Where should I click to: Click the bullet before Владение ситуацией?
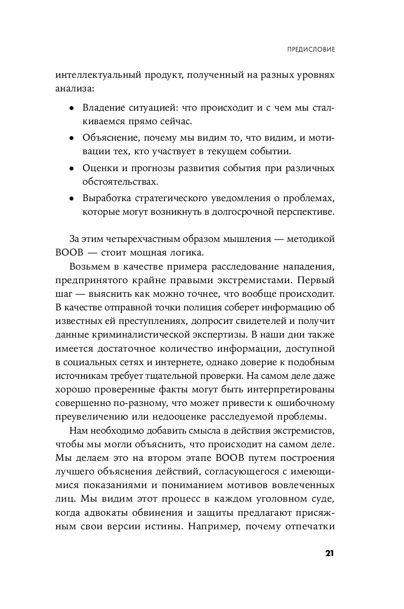71,108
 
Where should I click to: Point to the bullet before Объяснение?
71,139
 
